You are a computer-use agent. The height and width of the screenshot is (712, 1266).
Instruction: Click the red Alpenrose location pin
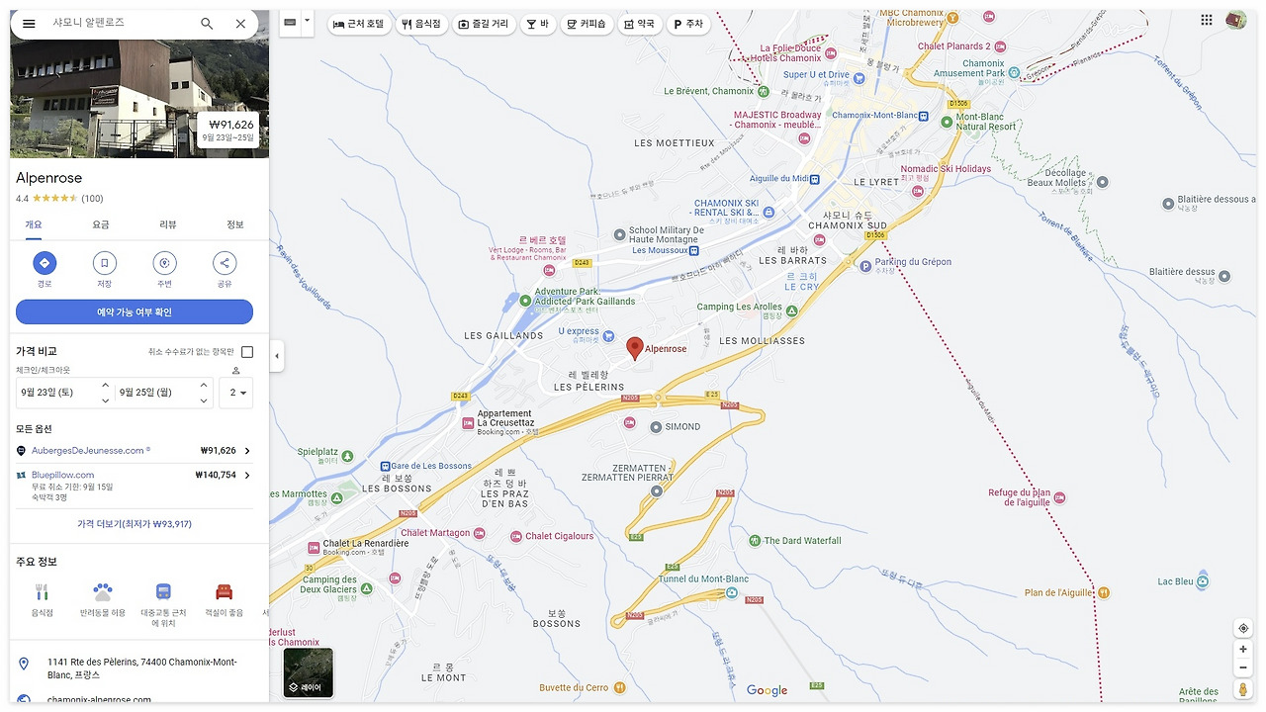click(x=635, y=347)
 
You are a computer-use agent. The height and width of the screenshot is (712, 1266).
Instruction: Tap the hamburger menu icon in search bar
click(x=29, y=24)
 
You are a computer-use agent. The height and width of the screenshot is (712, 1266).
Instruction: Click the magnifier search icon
click(x=207, y=24)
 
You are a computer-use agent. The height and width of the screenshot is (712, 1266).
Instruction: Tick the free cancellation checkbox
click(x=247, y=352)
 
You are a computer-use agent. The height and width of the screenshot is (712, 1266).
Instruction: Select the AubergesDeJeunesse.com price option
click(x=134, y=451)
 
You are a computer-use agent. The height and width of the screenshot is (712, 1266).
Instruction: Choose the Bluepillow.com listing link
click(x=63, y=475)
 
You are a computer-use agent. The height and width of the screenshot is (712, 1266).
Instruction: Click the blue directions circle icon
click(x=45, y=263)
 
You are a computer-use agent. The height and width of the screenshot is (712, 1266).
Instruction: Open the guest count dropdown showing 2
click(x=235, y=393)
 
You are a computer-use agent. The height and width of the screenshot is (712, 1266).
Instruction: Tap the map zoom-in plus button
click(x=1243, y=650)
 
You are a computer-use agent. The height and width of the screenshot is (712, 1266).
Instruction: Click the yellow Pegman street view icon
click(x=1243, y=689)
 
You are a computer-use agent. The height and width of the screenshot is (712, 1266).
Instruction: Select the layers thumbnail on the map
click(x=309, y=672)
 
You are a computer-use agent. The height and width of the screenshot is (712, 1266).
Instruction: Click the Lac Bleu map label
click(x=1176, y=581)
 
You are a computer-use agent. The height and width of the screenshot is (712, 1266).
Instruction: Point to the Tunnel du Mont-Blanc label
click(x=703, y=579)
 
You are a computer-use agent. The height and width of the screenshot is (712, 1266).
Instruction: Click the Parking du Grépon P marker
click(x=865, y=265)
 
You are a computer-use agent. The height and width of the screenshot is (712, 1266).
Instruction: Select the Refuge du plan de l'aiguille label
click(x=1019, y=497)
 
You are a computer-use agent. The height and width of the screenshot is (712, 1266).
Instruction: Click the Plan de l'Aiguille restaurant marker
click(x=1104, y=593)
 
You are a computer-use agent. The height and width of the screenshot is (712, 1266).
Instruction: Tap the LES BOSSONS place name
click(x=397, y=489)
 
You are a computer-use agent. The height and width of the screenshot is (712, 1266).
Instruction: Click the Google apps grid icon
click(x=1207, y=20)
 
